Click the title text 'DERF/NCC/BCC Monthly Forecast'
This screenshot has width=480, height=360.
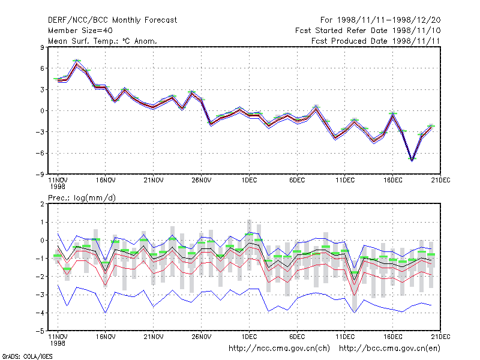112,20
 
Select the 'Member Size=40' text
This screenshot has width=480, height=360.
80,31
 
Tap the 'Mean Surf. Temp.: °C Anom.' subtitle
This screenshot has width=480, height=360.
103,41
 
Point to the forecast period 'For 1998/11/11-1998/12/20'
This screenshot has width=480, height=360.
380,20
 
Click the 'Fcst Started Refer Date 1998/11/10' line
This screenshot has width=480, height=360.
368,31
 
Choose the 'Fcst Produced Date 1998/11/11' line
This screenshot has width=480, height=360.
376,41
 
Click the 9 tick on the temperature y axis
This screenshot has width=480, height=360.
42,47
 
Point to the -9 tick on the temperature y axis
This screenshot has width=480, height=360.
40,175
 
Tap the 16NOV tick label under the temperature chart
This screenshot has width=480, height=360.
106,180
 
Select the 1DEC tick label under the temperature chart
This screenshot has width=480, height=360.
249,180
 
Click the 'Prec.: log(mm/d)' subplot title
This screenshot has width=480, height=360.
82,198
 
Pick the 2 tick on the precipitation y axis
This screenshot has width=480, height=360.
42,204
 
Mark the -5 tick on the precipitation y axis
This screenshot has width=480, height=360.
40,331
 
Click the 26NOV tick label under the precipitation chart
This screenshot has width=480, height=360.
202,337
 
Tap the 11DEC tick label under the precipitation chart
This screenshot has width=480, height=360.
345,337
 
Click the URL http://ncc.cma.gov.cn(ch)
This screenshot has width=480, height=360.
280,349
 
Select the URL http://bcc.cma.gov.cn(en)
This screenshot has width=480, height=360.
389,349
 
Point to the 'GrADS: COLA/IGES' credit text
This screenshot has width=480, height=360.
27,356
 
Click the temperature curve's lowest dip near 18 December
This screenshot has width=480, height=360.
412,160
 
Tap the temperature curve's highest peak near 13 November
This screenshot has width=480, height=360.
77,63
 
